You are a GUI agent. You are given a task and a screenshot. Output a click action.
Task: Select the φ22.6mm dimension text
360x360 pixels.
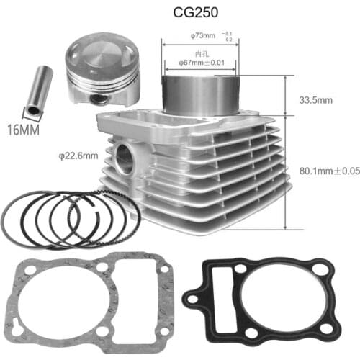coord(78,153)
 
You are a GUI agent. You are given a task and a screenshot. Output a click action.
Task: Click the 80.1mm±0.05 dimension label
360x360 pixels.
coord(328,171)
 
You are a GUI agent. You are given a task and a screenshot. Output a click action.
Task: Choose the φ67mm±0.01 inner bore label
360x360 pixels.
coord(204,63)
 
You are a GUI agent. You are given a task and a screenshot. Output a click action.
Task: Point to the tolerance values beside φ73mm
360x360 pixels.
coord(229,35)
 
